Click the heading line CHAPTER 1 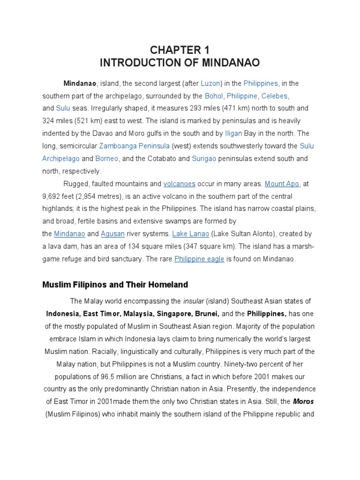click(x=180, y=50)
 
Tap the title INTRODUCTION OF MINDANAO click(x=180, y=62)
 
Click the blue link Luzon click(x=210, y=83)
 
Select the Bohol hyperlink click(x=213, y=96)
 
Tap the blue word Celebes click(x=275, y=96)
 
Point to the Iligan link click(x=233, y=133)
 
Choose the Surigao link click(x=204, y=158)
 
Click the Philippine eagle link click(x=199, y=259)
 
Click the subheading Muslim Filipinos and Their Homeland click(x=115, y=285)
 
